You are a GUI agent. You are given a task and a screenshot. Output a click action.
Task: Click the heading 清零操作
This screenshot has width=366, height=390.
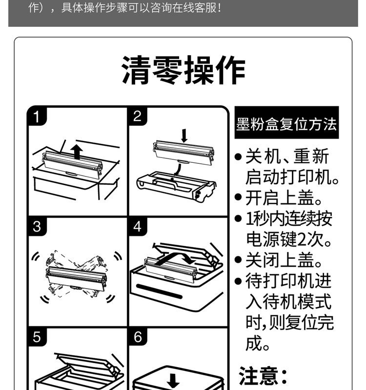[184, 70]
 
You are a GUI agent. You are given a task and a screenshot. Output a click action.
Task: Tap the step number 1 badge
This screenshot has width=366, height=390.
[37, 117]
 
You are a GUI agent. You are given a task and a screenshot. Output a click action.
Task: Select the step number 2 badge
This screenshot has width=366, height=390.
[138, 117]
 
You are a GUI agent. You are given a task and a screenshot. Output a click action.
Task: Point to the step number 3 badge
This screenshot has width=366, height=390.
[37, 227]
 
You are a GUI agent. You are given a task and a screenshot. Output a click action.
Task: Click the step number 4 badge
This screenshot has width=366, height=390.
[138, 227]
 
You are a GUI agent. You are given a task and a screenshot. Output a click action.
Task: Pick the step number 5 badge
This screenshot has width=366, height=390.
[37, 337]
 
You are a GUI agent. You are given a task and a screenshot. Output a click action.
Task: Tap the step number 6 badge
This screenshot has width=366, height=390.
[138, 337]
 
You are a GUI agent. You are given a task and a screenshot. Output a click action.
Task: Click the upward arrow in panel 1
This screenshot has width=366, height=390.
[77, 152]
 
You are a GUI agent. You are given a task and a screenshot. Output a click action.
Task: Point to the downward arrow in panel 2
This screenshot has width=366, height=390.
[184, 136]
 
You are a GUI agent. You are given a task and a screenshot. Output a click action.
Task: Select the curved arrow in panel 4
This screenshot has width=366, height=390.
[174, 257]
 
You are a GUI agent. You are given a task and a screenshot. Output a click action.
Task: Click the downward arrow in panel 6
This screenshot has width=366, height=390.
[173, 381]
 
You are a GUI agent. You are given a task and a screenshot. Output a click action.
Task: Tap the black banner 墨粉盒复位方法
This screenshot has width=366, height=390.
[286, 122]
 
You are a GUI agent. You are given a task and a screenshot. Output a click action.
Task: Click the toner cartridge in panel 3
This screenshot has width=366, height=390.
[76, 278]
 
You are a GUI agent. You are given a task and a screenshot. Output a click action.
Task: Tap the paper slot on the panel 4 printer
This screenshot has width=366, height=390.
[160, 291]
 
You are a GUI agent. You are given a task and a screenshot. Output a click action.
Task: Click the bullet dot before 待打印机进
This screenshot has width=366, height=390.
[238, 281]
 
